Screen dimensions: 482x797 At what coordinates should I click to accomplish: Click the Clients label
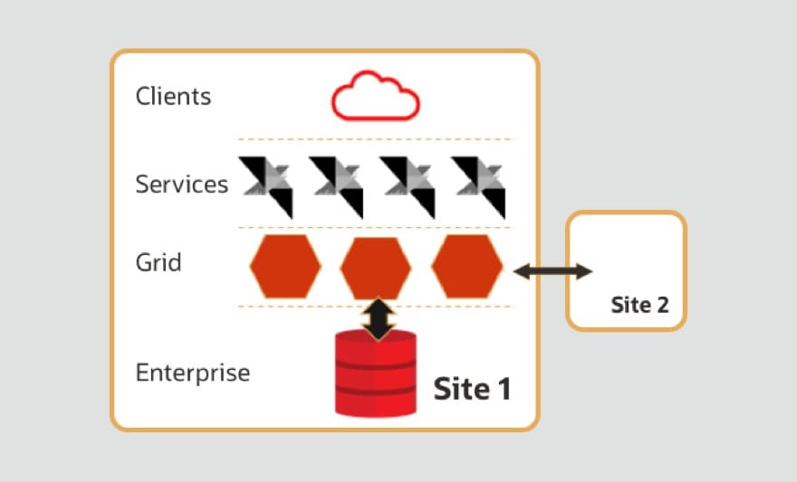tap(173, 96)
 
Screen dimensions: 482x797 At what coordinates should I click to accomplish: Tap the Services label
tap(181, 184)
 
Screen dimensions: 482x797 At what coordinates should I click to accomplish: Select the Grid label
tap(158, 263)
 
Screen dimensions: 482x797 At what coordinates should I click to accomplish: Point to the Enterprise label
tap(192, 372)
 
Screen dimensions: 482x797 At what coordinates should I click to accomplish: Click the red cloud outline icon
tap(375, 97)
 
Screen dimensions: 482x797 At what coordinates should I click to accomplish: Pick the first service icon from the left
tap(266, 185)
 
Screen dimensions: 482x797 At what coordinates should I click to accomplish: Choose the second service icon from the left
tap(337, 185)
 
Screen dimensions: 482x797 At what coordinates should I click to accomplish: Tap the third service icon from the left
tap(408, 185)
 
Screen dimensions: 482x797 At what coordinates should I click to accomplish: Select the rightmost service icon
tap(478, 185)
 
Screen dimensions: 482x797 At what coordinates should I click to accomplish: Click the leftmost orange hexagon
tap(285, 267)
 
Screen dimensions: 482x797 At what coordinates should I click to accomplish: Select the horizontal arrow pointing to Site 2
tap(552, 270)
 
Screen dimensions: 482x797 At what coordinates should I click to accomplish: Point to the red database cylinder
tap(375, 374)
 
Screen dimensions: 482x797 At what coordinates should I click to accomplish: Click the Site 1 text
tap(472, 389)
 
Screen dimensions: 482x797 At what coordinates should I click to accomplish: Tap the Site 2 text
tap(639, 305)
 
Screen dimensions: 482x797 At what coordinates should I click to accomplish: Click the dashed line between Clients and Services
tap(374, 139)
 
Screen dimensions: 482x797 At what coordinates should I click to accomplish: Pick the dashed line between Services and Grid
tap(374, 227)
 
